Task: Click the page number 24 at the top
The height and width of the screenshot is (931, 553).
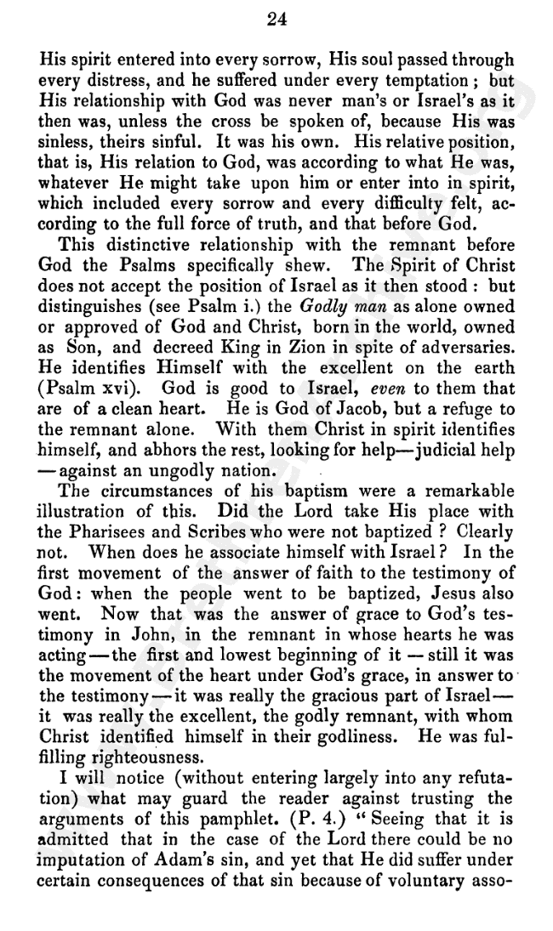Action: [277, 20]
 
